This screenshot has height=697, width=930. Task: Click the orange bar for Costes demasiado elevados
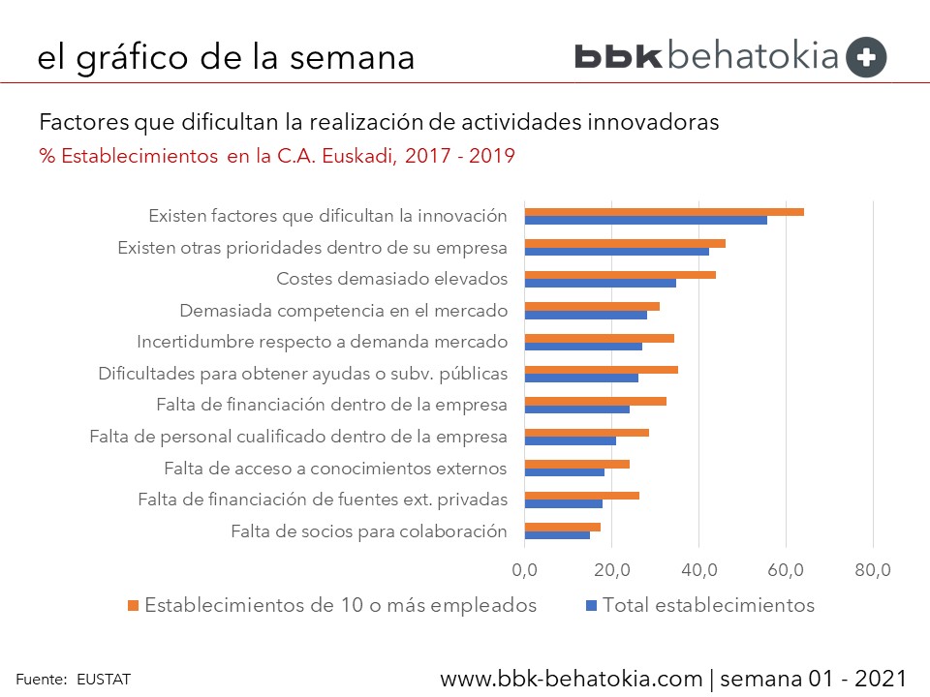tap(620, 275)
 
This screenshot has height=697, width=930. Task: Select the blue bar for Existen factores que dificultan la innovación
tap(645, 220)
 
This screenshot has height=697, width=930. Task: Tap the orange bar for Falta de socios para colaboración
tap(562, 527)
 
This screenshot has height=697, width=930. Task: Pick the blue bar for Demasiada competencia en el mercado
tap(585, 315)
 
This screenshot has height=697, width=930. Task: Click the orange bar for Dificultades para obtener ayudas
tap(601, 370)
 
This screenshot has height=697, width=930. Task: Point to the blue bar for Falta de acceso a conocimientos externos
tap(564, 472)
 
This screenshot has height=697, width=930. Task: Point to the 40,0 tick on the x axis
tap(698, 570)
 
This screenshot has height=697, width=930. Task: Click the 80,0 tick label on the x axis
tap(873, 570)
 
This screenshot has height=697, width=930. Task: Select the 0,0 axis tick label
tap(525, 570)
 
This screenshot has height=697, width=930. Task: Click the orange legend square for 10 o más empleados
tap(133, 606)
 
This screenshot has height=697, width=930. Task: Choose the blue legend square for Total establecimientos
tap(591, 606)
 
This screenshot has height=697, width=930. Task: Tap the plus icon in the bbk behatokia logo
tap(866, 57)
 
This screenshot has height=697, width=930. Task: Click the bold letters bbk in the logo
tap(617, 56)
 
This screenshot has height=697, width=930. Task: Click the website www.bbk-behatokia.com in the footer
tap(571, 678)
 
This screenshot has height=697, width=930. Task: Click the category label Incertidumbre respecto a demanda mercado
tap(322, 342)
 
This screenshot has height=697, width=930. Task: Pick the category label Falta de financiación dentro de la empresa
tap(331, 404)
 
